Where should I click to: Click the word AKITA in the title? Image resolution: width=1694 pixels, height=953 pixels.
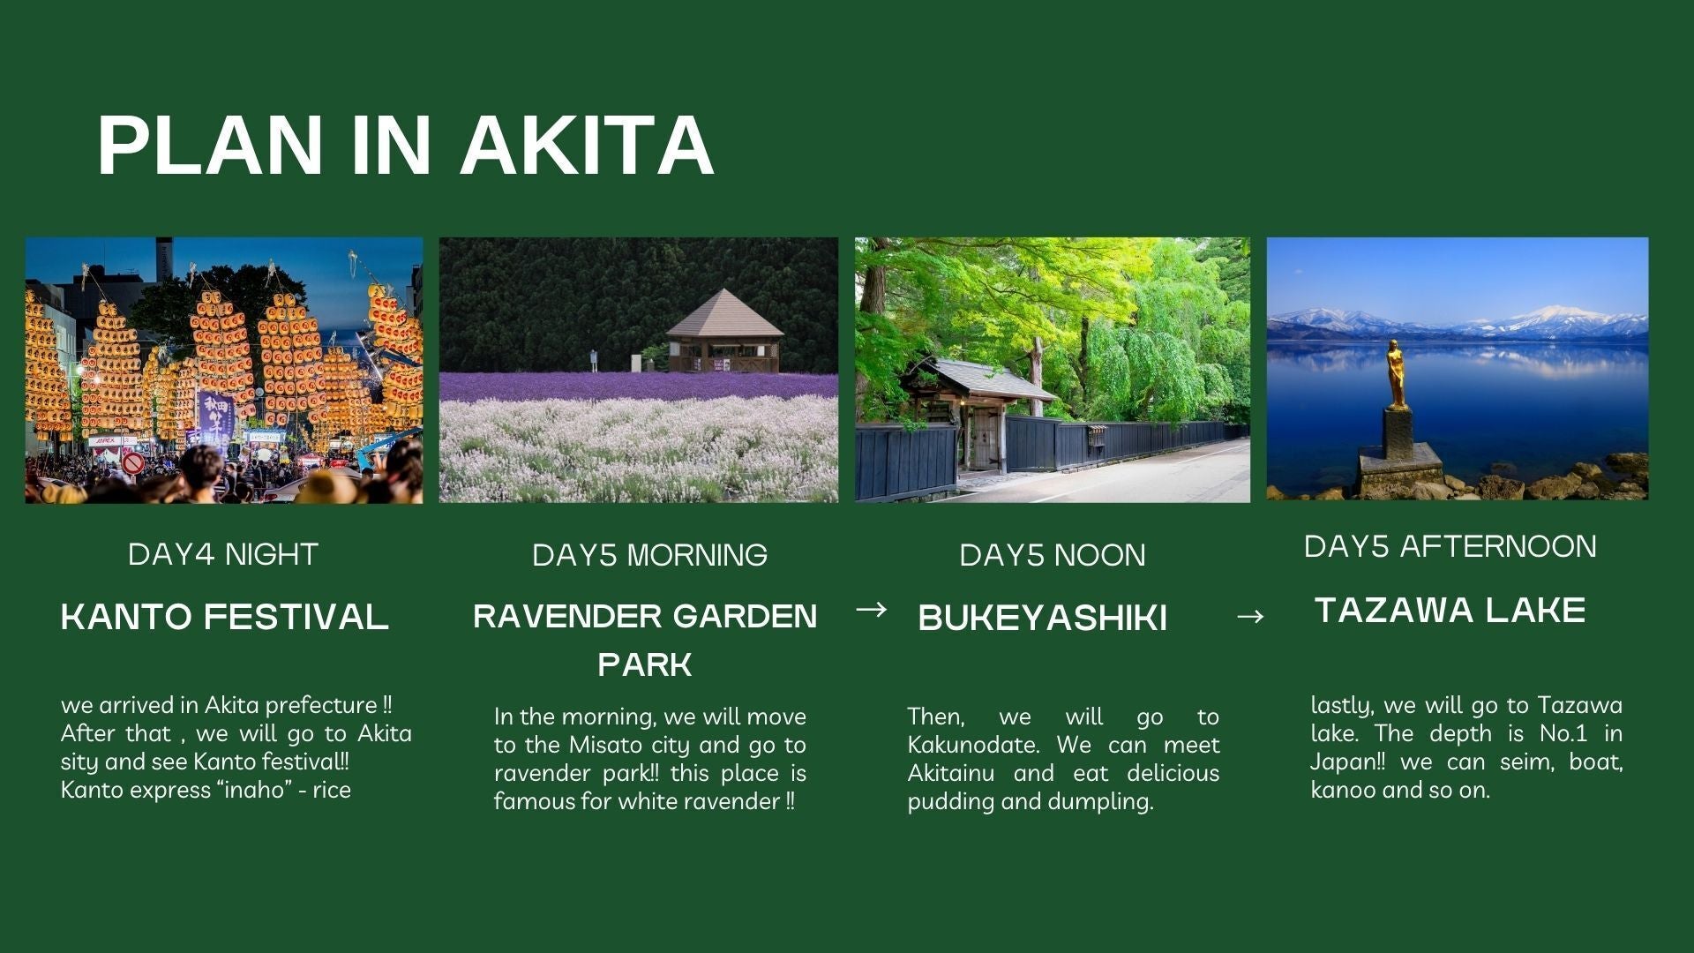(x=587, y=145)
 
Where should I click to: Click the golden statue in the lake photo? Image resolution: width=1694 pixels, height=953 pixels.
(x=1396, y=374)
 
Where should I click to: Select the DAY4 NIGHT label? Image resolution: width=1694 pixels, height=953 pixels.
(x=222, y=554)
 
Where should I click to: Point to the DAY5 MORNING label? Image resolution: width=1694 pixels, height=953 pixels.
(x=649, y=555)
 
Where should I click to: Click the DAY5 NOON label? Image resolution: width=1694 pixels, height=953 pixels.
(x=1052, y=555)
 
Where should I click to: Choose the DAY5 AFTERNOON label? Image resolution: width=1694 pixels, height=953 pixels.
(x=1450, y=546)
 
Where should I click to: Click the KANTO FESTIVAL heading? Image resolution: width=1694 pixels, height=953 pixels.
(x=224, y=616)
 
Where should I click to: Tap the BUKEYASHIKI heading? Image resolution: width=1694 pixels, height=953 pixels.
(x=1042, y=618)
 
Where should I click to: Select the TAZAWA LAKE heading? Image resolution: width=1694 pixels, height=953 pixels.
(x=1450, y=611)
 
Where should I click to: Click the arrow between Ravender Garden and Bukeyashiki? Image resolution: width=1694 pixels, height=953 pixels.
(x=871, y=609)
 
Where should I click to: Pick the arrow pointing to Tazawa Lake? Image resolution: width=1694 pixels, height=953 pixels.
(x=1249, y=616)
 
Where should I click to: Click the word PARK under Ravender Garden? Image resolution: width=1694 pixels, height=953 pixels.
(x=644, y=664)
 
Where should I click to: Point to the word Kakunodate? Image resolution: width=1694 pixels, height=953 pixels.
(x=973, y=745)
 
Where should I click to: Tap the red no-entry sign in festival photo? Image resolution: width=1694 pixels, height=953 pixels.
(x=132, y=463)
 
